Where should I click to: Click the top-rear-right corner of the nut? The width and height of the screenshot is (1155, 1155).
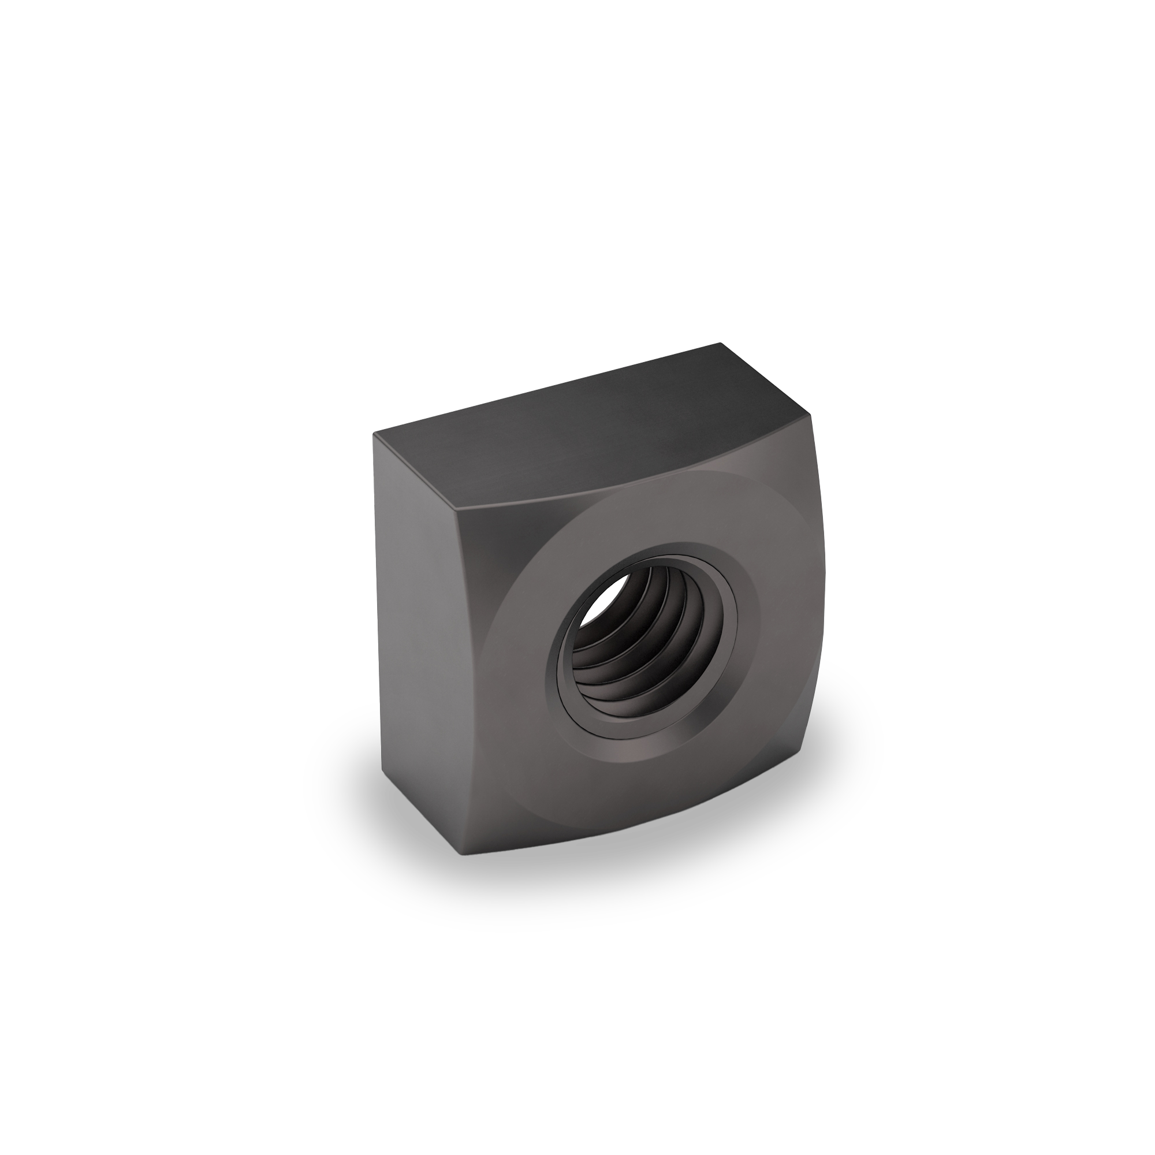pos(721,344)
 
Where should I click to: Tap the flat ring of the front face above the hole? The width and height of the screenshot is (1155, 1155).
pos(658,520)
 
